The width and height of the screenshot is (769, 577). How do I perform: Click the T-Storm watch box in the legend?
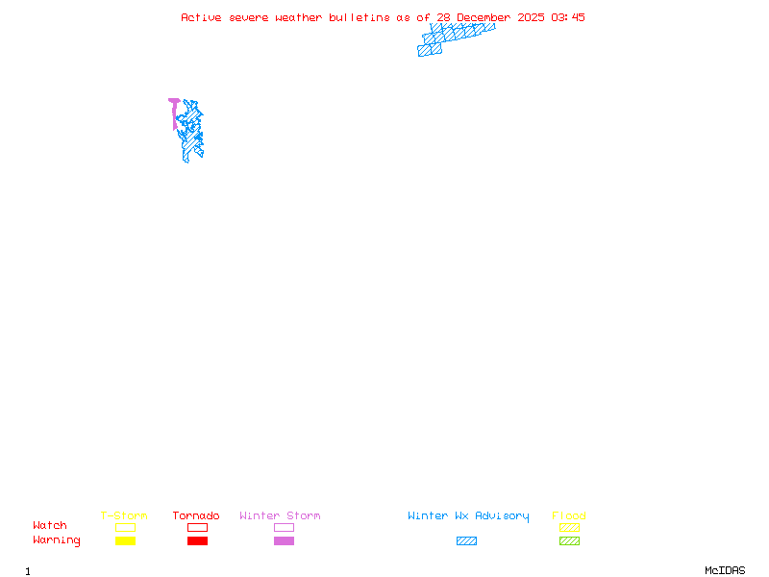[x=125, y=527]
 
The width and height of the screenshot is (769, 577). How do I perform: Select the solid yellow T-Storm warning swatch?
[x=125, y=541]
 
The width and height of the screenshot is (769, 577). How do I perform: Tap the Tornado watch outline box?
[x=197, y=527]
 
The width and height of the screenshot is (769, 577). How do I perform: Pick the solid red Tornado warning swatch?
[x=197, y=541]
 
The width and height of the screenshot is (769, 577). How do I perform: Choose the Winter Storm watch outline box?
[x=284, y=527]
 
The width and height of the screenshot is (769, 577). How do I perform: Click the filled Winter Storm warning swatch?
[x=284, y=541]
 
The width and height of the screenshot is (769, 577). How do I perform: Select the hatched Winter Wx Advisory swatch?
[x=466, y=541]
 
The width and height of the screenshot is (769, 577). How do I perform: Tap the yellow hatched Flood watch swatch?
[x=569, y=527]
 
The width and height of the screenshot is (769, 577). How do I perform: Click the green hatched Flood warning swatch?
[x=569, y=541]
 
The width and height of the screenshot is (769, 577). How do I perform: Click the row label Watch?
[x=50, y=526]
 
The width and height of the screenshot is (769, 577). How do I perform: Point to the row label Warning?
[x=57, y=540]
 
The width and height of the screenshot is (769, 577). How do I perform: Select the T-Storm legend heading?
[x=124, y=516]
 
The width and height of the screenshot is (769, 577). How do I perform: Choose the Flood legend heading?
[x=569, y=516]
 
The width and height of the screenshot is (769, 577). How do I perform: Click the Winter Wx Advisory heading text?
[x=468, y=516]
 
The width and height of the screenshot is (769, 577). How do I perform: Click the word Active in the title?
[x=201, y=17]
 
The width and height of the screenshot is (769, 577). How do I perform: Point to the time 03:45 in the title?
[x=567, y=17]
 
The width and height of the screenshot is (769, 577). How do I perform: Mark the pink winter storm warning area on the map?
[x=174, y=102]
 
